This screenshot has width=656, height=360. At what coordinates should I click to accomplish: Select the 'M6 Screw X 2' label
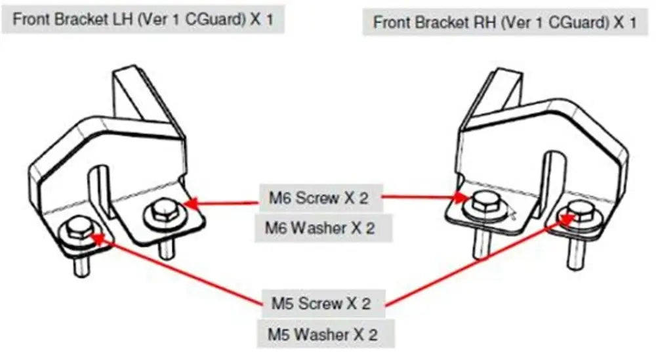(x=319, y=197)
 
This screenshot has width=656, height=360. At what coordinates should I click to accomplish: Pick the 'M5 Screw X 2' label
(x=321, y=304)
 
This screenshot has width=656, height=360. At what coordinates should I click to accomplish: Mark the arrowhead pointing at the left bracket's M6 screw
(x=190, y=204)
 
